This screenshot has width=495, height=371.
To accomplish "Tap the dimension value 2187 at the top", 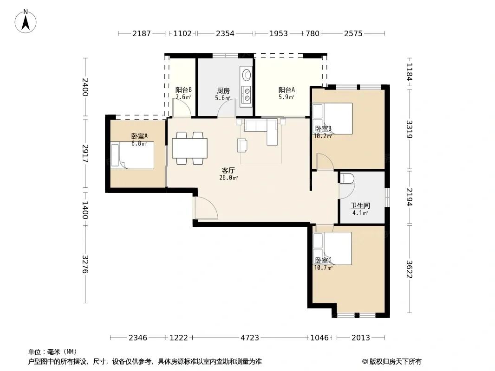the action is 142,33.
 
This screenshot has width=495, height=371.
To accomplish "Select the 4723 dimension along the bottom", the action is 250,338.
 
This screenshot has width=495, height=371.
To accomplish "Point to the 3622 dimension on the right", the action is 410,269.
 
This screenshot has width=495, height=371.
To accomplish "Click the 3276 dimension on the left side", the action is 85,264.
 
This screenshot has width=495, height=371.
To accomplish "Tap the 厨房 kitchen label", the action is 223,91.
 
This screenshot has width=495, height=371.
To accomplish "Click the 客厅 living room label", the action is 228,171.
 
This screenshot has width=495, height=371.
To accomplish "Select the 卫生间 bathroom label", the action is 360,206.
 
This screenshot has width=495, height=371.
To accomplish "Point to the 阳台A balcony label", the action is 287,90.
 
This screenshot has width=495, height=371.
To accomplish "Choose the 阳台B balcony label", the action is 183,90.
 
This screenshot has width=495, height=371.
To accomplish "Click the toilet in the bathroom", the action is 346,179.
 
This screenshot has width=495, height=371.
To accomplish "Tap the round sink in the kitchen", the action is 246,75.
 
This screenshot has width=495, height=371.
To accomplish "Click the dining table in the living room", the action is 190,148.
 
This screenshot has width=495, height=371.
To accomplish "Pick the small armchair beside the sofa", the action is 242,145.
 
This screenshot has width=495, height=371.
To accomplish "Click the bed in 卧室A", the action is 132,155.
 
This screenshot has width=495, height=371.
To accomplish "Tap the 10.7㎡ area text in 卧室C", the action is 323,268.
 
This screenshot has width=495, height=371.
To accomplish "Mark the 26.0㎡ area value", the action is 228,178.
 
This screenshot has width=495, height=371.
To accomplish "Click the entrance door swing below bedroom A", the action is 206,208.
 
